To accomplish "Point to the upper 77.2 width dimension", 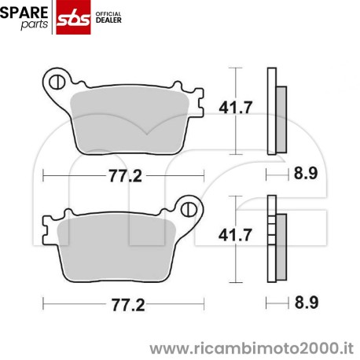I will pos(122,176).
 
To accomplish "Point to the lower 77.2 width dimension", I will pos(122,304).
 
